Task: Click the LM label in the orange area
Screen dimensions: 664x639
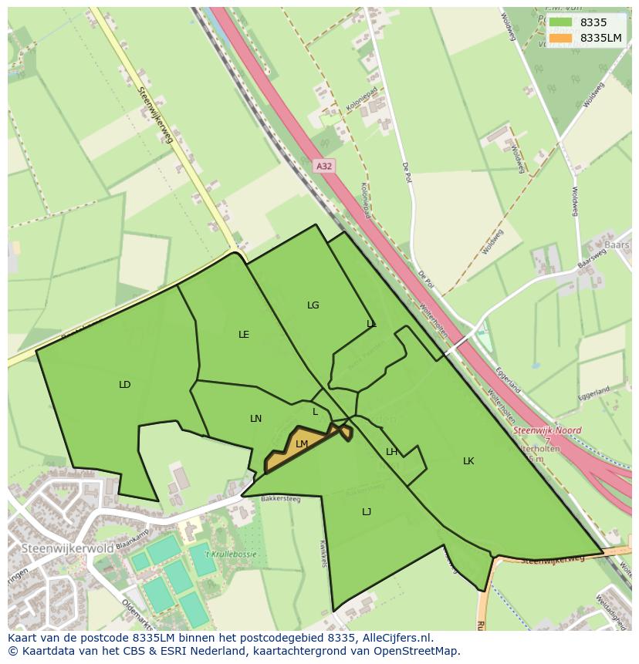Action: pyautogui.click(x=302, y=444)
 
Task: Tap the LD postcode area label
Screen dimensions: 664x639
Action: pyautogui.click(x=125, y=385)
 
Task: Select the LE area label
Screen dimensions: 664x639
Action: pyautogui.click(x=244, y=335)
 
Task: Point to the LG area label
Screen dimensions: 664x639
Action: pyautogui.click(x=313, y=305)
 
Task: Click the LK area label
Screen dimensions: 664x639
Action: pyautogui.click(x=468, y=461)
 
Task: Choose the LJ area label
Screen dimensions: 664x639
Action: pyautogui.click(x=367, y=512)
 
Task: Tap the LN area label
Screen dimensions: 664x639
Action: pyautogui.click(x=256, y=419)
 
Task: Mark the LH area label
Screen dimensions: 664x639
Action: pyautogui.click(x=391, y=452)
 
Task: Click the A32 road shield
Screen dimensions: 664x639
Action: pyautogui.click(x=324, y=166)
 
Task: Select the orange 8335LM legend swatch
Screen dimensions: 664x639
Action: pyautogui.click(x=561, y=38)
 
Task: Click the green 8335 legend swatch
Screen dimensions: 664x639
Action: pyautogui.click(x=561, y=22)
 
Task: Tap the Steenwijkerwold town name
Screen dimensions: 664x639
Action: pyautogui.click(x=68, y=548)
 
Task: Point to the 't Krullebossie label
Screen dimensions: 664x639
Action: pyautogui.click(x=230, y=554)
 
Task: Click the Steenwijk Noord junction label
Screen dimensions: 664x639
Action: pyautogui.click(x=547, y=431)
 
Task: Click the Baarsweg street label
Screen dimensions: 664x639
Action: pyautogui.click(x=592, y=259)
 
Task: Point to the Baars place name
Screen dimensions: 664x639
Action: pyautogui.click(x=617, y=245)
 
